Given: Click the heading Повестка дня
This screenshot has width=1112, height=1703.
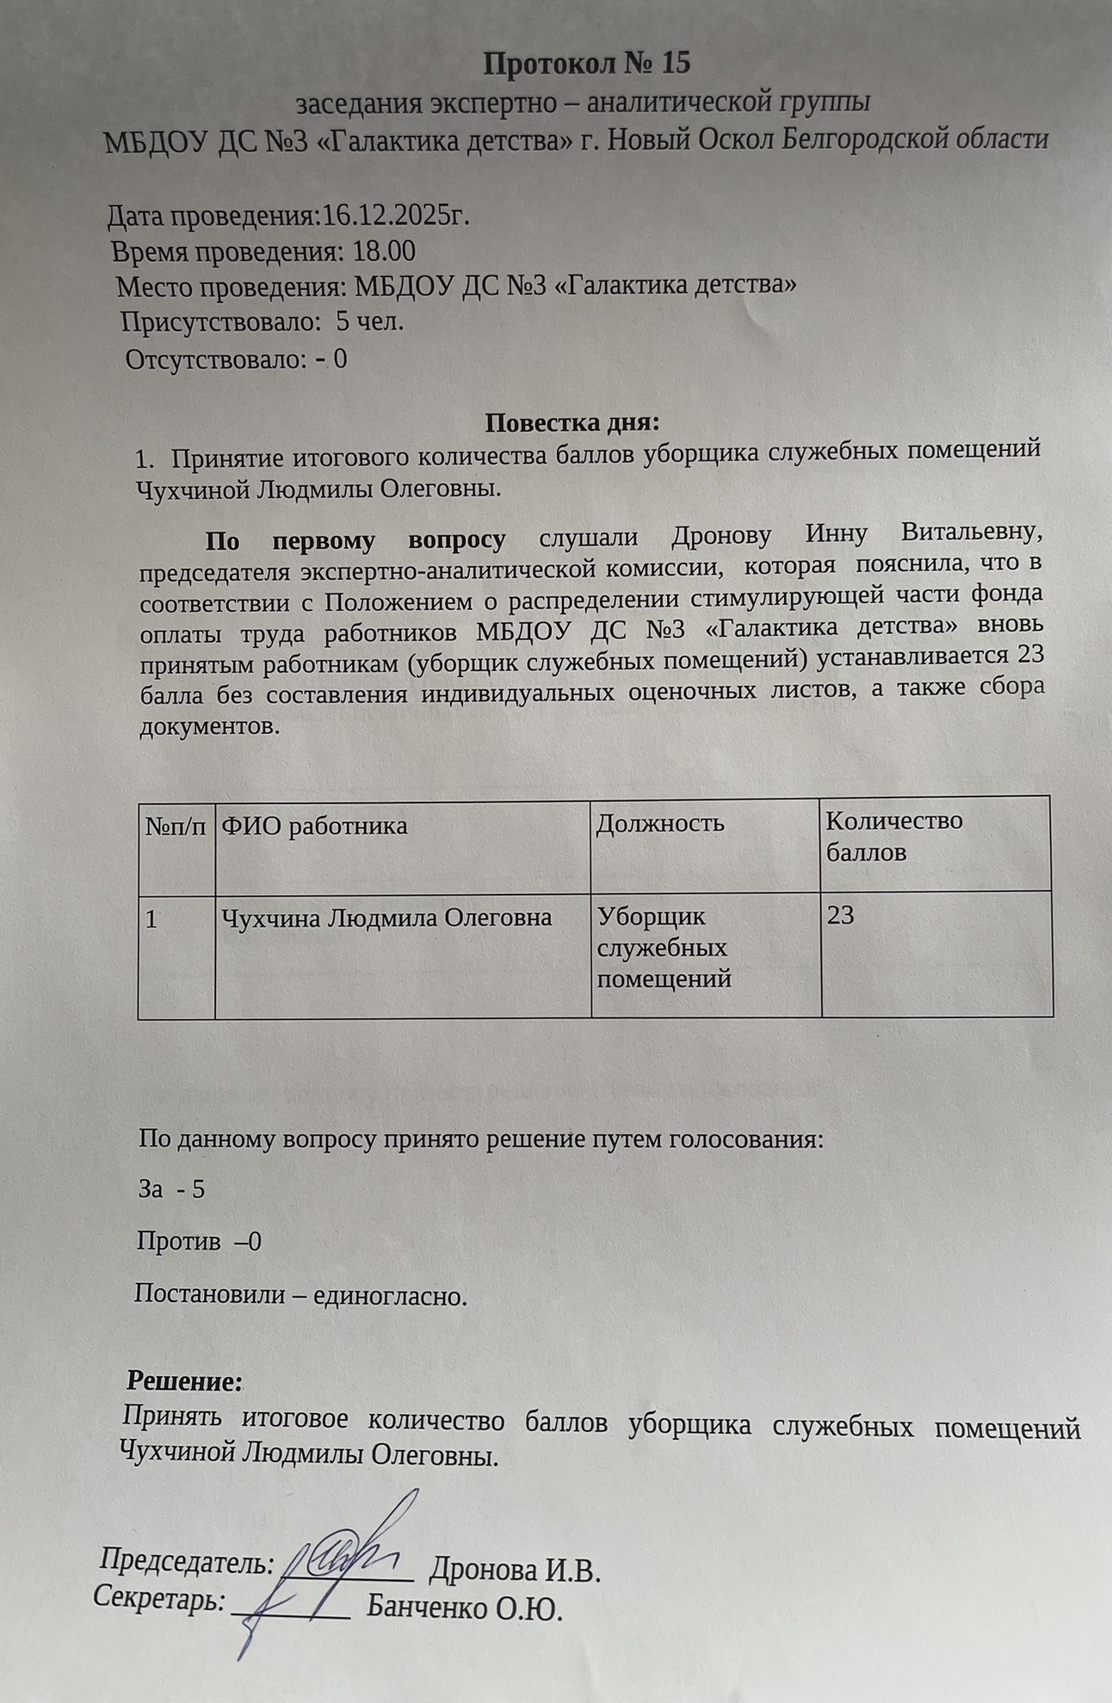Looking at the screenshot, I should (572, 423).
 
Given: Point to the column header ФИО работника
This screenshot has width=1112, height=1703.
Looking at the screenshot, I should (314, 826).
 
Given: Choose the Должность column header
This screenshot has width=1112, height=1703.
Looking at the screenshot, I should (660, 824).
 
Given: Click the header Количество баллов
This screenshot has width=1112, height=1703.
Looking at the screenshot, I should (893, 836).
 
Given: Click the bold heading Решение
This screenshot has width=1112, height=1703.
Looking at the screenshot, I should (185, 1382).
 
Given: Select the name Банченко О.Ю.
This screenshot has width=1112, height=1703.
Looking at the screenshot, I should (464, 1608).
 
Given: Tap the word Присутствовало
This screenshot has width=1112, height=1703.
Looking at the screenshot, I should (215, 323).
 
